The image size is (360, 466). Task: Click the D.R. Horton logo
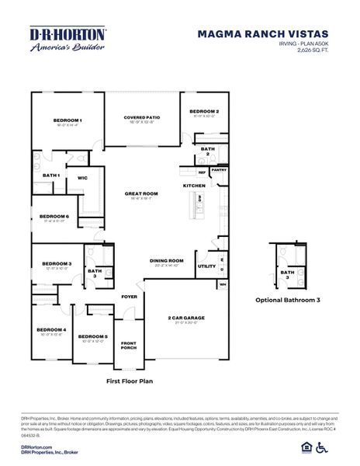click(x=67, y=39)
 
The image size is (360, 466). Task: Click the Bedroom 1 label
click(x=67, y=120)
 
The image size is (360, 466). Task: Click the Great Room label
click(x=141, y=193)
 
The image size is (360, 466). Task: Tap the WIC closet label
click(x=82, y=178)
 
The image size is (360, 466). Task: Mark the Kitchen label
click(x=193, y=186)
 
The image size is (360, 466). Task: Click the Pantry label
click(x=220, y=169)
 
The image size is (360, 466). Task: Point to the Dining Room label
click(x=166, y=261)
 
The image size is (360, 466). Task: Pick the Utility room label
click(x=206, y=266)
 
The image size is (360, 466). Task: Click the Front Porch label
click(x=129, y=346)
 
